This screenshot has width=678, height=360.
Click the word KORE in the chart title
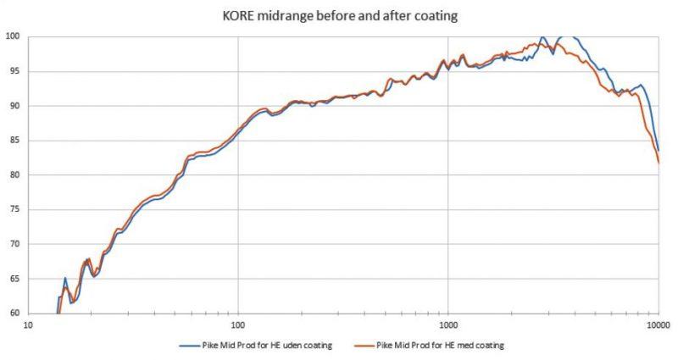pyautogui.click(x=236, y=17)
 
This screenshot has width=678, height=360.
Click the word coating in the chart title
pyautogui.click(x=436, y=17)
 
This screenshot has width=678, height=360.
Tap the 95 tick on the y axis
pyautogui.click(x=14, y=71)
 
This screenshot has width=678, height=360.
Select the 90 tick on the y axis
pyautogui.click(x=14, y=106)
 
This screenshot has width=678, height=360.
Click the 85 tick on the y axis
pyautogui.click(x=14, y=141)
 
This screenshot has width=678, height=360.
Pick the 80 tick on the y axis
pyautogui.click(x=14, y=175)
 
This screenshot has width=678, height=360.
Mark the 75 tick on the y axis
pyautogui.click(x=14, y=210)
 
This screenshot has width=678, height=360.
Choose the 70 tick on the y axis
pyautogui.click(x=14, y=245)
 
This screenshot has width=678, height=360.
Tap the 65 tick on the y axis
pyautogui.click(x=14, y=280)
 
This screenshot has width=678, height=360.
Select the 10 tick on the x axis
pyautogui.click(x=28, y=324)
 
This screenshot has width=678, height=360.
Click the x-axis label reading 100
pyautogui.click(x=237, y=324)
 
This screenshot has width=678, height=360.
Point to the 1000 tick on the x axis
pyautogui.click(x=447, y=324)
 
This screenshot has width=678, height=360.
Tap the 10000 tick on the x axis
pyautogui.click(x=658, y=324)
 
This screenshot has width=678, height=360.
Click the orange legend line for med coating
pyautogui.click(x=364, y=345)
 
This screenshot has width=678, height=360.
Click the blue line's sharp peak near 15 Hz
pyautogui.click(x=65, y=278)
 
